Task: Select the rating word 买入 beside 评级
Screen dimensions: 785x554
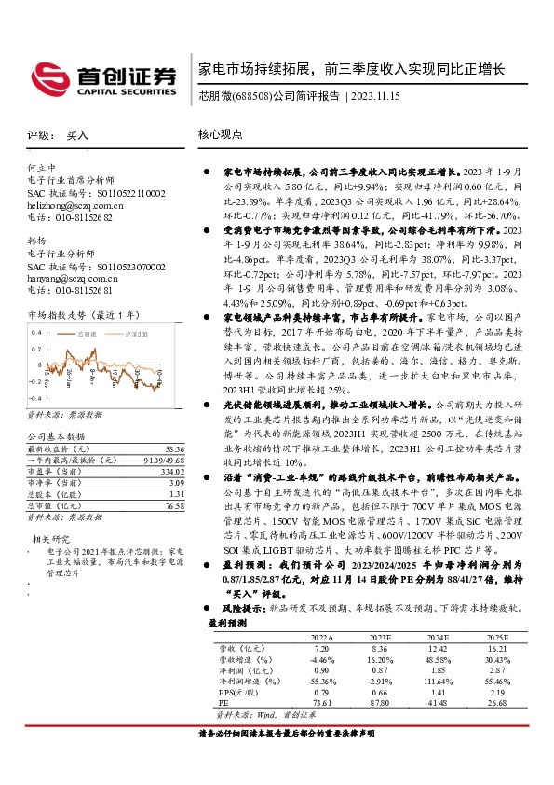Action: (77, 135)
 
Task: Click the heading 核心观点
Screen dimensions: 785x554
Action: (220, 135)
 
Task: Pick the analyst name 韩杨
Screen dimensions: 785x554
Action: (36, 241)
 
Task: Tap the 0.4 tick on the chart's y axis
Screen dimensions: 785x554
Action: (37, 332)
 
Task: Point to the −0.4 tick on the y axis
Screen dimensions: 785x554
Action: (35, 396)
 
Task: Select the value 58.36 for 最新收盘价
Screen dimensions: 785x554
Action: (173, 448)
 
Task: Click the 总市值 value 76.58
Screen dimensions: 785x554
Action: (173, 504)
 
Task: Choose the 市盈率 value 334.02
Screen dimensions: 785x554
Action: (171, 471)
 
